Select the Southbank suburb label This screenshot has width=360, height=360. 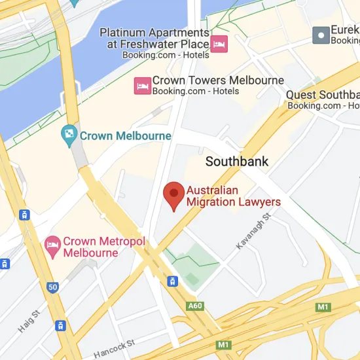[x=237, y=161]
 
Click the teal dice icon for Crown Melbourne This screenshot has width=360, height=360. [x=69, y=136]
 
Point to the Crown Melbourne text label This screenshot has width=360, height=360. [x=125, y=136]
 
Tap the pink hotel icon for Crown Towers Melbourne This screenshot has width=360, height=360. [x=142, y=85]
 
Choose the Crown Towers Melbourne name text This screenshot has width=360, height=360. [x=218, y=81]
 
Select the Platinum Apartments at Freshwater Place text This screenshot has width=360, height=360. [x=154, y=39]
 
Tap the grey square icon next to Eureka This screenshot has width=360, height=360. [x=321, y=35]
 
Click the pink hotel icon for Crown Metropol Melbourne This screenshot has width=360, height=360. [x=52, y=247]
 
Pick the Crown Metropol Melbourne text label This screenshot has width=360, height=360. [x=104, y=247]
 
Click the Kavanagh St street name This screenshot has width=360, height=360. [x=253, y=230]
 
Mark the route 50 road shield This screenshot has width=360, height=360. [x=52, y=287]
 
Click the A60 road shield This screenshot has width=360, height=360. [x=195, y=306]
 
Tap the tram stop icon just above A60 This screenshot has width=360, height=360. [x=172, y=281]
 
